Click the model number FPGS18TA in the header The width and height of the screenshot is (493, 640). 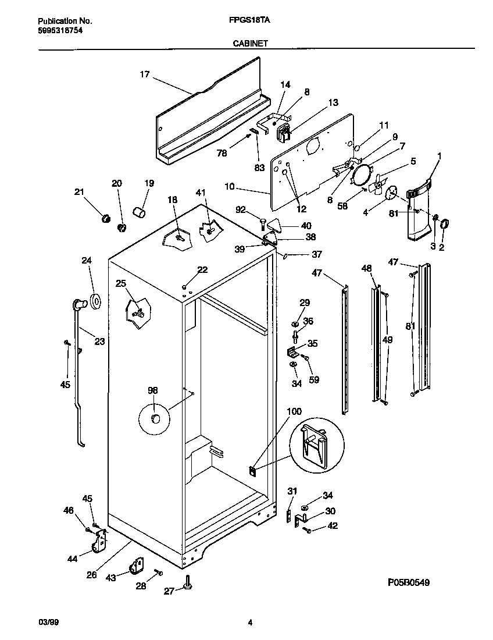(x=246, y=20)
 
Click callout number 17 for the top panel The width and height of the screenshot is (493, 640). (x=145, y=74)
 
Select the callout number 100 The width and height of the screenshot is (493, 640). (x=295, y=411)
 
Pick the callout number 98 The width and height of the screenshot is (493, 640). (x=152, y=391)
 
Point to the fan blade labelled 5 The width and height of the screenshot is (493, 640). (x=377, y=185)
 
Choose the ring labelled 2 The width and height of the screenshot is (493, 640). (x=445, y=223)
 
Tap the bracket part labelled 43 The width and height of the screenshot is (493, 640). (x=137, y=565)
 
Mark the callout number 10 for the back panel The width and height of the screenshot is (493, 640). (x=230, y=186)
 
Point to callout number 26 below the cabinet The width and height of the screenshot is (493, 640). (x=91, y=575)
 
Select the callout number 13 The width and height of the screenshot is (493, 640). (x=333, y=102)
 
